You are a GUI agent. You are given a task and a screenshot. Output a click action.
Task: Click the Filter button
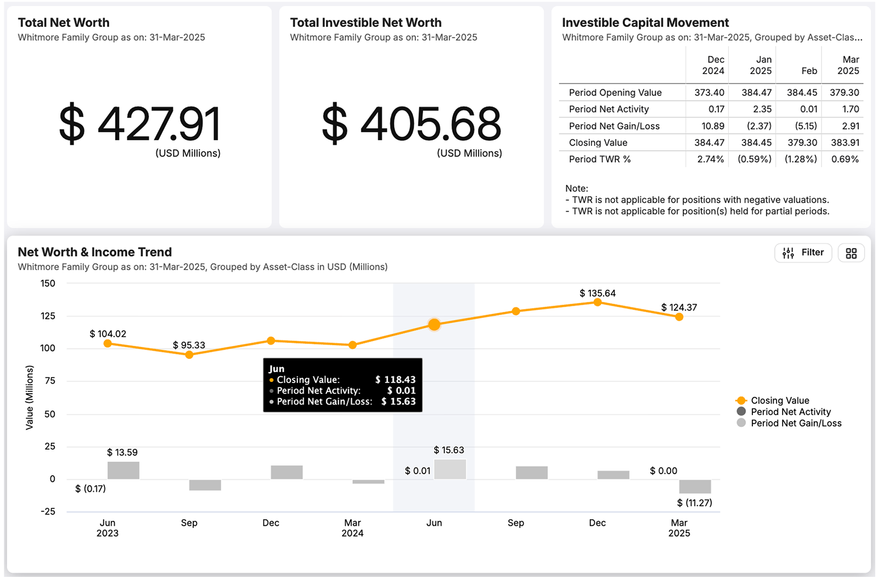click(x=803, y=252)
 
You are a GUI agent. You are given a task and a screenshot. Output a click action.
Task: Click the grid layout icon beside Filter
click(x=851, y=253)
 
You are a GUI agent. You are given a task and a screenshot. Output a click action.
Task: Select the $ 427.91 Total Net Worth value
click(x=140, y=124)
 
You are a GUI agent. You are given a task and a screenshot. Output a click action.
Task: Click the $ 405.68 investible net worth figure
click(x=412, y=124)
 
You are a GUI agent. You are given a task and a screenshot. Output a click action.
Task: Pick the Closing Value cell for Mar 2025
click(x=845, y=143)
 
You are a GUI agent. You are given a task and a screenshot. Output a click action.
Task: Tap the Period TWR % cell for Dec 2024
click(x=710, y=159)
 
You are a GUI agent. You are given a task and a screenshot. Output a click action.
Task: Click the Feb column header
click(x=809, y=71)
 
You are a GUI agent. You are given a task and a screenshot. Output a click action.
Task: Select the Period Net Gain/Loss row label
click(x=614, y=126)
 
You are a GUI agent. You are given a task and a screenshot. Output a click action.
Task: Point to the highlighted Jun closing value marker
click(x=434, y=325)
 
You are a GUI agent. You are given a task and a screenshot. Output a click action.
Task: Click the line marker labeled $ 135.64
click(x=598, y=302)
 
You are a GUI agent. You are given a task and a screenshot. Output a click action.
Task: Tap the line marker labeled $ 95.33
click(x=189, y=355)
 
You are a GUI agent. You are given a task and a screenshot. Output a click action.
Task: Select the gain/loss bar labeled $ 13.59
click(x=123, y=470)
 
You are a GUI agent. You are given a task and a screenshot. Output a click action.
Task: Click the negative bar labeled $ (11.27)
click(x=695, y=486)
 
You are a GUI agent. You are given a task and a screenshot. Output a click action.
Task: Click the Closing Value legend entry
click(x=779, y=401)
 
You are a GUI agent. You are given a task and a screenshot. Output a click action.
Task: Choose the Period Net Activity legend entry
click(x=790, y=412)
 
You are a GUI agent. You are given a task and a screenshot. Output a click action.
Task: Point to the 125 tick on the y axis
click(x=48, y=316)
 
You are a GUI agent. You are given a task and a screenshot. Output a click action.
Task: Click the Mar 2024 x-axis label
click(x=352, y=528)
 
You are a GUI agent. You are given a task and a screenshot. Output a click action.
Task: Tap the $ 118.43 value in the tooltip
click(x=395, y=380)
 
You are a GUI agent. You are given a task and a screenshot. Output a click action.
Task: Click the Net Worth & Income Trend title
click(x=95, y=252)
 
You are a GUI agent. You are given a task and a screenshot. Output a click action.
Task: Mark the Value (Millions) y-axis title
click(x=30, y=398)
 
